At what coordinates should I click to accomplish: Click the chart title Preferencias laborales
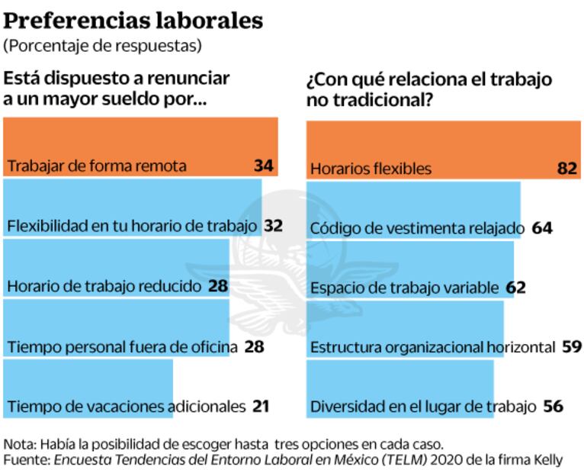133,20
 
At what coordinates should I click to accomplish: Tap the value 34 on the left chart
264,165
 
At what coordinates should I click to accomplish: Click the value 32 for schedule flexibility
273,226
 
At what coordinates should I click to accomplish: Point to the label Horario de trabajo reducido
104,286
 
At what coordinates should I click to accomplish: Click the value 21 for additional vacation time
261,407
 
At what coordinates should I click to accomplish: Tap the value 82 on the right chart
567,168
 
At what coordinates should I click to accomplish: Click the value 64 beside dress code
542,227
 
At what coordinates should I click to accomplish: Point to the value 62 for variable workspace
516,288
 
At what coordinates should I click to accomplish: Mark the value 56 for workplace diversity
553,407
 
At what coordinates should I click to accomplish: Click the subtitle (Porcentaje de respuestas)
103,46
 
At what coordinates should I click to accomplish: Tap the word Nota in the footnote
18,444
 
